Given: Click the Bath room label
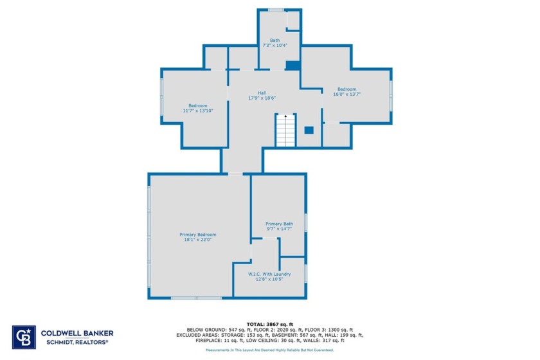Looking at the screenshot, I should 274,40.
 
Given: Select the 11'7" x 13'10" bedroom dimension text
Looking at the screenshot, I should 197,111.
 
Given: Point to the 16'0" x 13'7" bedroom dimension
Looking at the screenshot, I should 346,94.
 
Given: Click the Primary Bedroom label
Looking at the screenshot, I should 197,235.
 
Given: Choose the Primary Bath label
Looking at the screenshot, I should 279,224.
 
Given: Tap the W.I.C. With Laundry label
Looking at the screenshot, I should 269,274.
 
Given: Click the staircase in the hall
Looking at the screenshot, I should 285,131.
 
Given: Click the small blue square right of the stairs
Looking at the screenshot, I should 309,129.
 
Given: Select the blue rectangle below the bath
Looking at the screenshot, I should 292,65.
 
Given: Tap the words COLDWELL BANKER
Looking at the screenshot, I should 77,333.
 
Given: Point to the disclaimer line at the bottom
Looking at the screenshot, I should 269,350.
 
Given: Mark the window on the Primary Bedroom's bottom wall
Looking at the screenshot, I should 196,298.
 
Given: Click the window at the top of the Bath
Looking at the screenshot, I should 276,10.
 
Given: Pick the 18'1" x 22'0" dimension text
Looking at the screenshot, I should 197,240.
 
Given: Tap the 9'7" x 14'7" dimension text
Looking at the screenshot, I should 279,229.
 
